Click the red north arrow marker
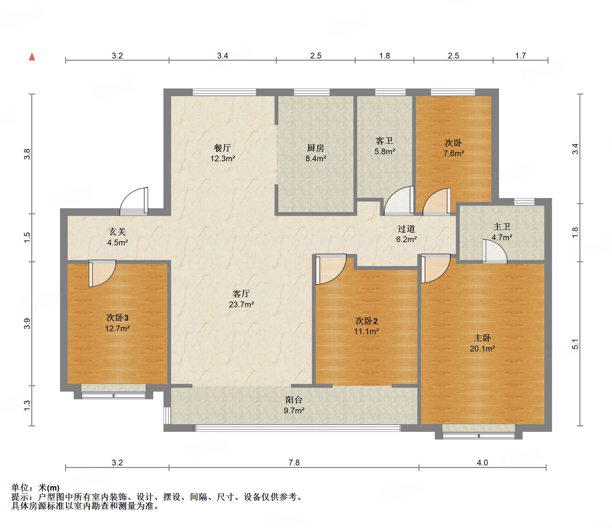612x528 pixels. point(32,57)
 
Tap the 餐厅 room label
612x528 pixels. point(223,148)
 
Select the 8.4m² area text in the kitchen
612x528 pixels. point(316,158)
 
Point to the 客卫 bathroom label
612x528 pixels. point(384,141)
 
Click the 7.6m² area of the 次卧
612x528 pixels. point(454,153)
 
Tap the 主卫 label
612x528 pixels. point(502,227)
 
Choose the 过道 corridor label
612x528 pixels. point(406,229)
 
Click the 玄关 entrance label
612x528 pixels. point(117,232)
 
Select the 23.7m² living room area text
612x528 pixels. point(241,304)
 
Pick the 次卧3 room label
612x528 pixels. point(117,318)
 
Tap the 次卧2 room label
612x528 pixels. point(366,321)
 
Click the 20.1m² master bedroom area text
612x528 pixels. point(482,348)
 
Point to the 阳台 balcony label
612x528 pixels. point(294,400)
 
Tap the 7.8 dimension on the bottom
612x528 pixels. point(294,463)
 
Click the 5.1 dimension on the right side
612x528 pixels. point(575,344)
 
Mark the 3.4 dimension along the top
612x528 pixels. point(223,56)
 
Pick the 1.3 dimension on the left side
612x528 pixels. point(27,405)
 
